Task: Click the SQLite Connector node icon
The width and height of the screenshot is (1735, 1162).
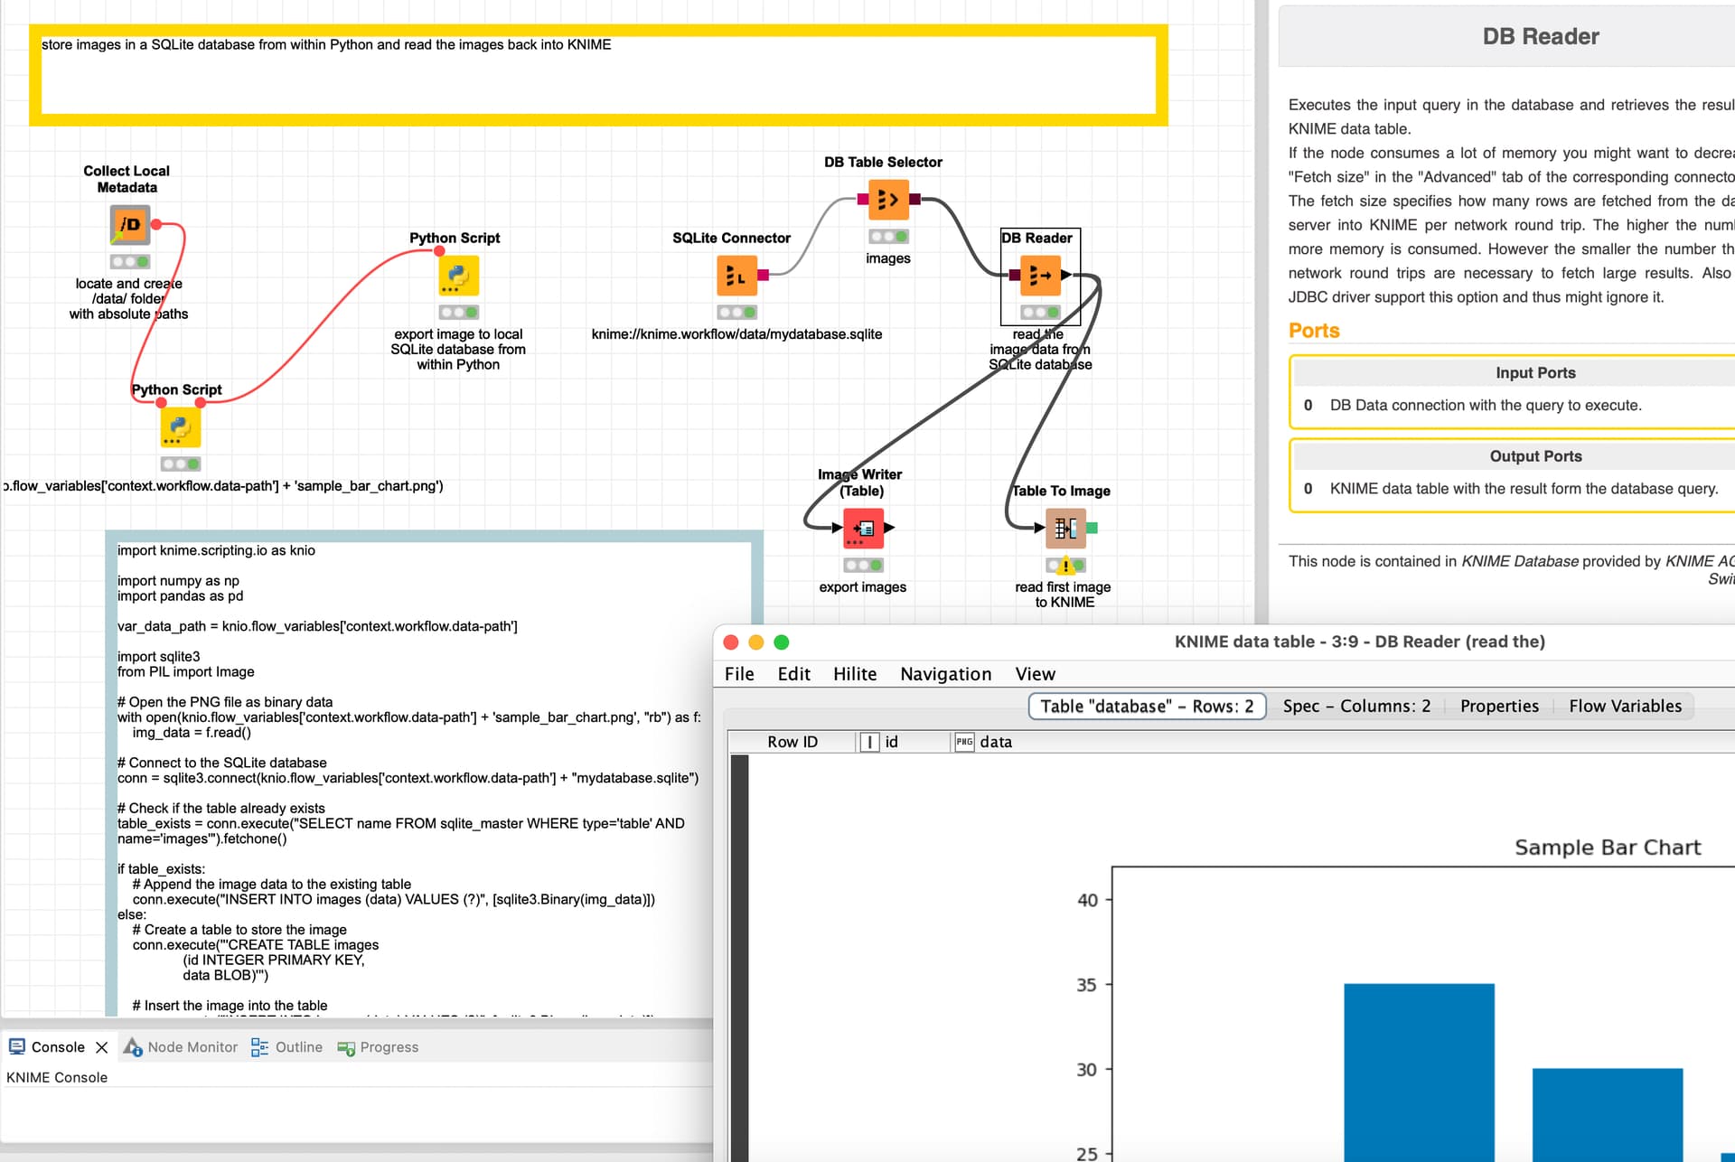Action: coord(736,276)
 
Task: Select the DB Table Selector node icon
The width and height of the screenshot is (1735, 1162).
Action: coord(887,200)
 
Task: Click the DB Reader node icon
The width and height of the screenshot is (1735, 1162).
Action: coord(1039,276)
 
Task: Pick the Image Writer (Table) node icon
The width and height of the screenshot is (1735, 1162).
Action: coord(863,529)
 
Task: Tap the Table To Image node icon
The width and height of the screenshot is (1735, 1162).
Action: coord(1065,529)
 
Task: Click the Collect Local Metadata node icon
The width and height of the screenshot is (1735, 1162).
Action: coord(130,225)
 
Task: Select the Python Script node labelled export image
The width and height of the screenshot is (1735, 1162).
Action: coord(458,276)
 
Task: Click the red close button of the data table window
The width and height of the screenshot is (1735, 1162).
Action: coord(731,642)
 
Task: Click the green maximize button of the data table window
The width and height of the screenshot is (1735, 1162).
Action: coord(782,642)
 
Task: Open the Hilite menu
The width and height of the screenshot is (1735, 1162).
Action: coord(854,674)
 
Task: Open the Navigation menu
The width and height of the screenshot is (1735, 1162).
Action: coord(945,674)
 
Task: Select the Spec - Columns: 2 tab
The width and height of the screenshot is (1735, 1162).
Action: coord(1356,707)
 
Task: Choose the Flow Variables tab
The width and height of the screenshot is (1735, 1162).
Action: coord(1625,707)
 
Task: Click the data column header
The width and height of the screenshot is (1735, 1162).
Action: coord(995,742)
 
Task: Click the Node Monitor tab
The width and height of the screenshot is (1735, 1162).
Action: coord(192,1047)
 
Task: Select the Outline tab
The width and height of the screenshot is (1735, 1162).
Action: coord(298,1047)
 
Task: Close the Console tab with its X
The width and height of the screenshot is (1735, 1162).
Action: coord(102,1047)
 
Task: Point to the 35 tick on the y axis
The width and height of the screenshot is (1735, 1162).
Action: coord(1086,985)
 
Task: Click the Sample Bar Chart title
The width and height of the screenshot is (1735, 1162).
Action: coord(1607,848)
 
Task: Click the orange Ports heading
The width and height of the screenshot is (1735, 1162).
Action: coord(1314,331)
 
